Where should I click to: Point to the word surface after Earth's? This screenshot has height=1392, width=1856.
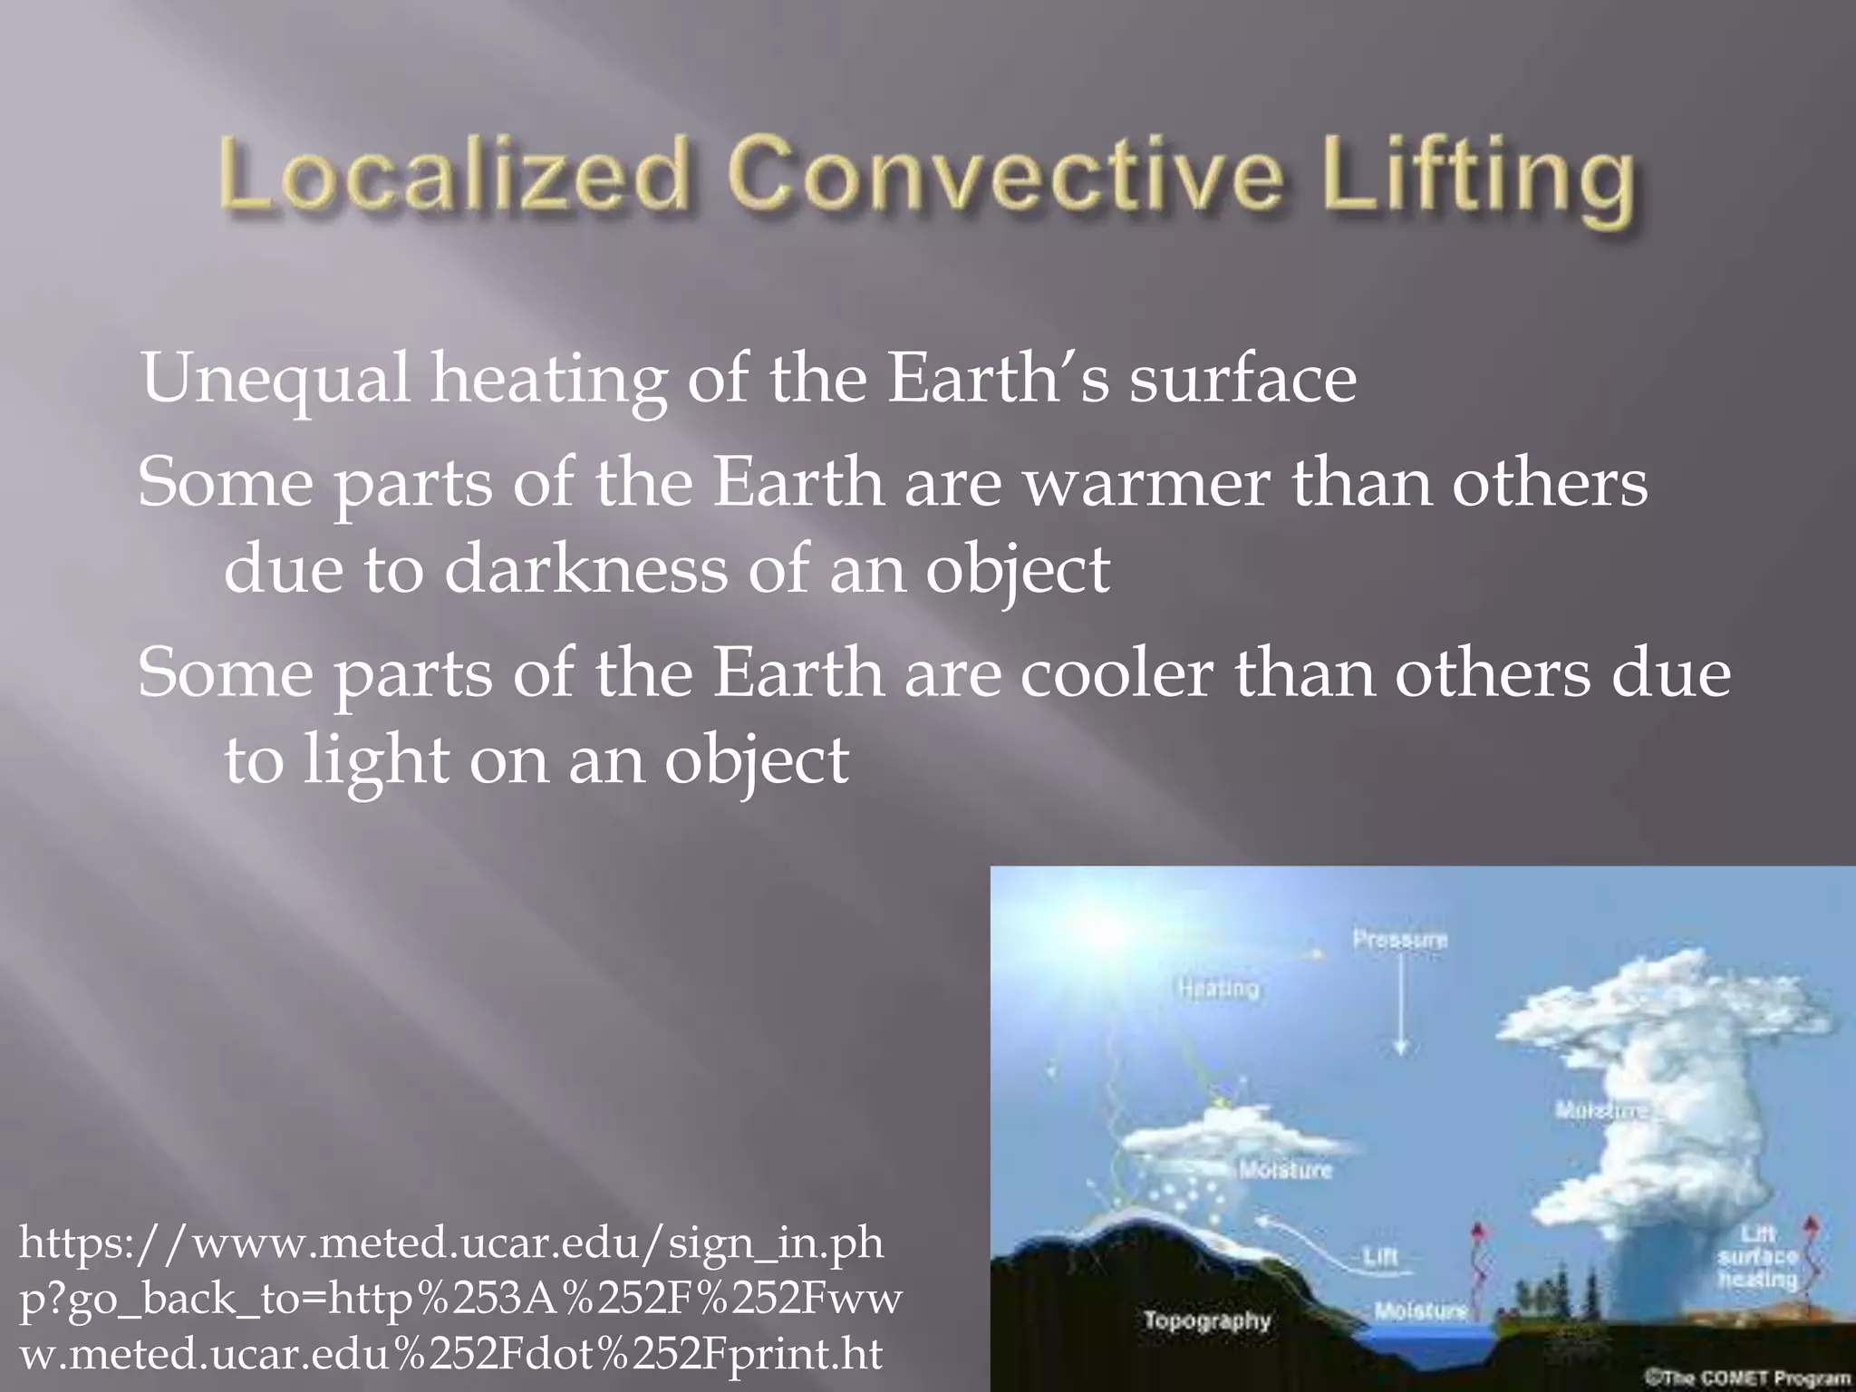tap(1242, 379)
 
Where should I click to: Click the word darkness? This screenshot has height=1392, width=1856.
tap(585, 570)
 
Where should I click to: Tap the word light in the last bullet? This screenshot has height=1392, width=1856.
tap(375, 761)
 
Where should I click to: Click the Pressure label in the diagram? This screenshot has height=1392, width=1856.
tap(1400, 939)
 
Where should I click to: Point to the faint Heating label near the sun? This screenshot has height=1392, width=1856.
tap(1219, 988)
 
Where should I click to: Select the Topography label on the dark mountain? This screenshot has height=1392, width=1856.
tap(1207, 1320)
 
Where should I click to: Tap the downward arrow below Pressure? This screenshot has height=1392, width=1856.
tap(1401, 1006)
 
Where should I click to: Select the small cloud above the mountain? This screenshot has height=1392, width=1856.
tap(1223, 1137)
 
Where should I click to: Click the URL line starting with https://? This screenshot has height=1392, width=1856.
tap(450, 1243)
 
